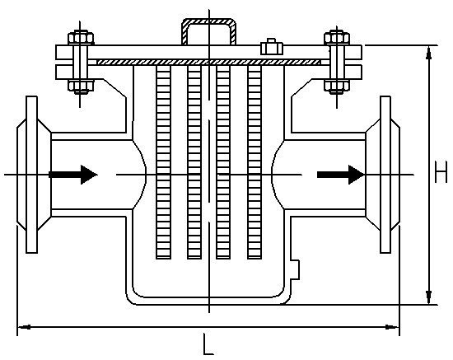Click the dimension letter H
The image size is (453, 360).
coord(441,172)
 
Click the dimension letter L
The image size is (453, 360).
coord(208,344)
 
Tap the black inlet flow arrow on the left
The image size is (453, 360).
coord(73,175)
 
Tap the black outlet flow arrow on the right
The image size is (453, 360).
coord(341,175)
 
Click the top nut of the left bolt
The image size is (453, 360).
coord(81,38)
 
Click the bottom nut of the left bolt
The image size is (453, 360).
coord(81,86)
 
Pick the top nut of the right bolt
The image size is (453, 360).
coord(337,38)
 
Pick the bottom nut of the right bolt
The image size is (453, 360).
coord(337,86)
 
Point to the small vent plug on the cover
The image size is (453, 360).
coord(272,47)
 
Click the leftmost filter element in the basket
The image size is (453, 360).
coord(163,162)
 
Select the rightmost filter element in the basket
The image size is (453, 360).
coord(255,162)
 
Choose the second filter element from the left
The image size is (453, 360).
coord(194,162)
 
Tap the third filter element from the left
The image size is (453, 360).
coord(223,162)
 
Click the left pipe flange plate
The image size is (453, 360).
coord(32,175)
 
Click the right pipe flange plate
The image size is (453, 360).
coord(385,175)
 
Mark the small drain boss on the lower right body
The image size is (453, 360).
coord(295,269)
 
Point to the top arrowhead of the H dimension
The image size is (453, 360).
coord(429,53)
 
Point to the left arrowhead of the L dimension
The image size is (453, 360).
coord(24,327)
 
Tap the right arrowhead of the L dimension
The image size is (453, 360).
coord(393,327)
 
